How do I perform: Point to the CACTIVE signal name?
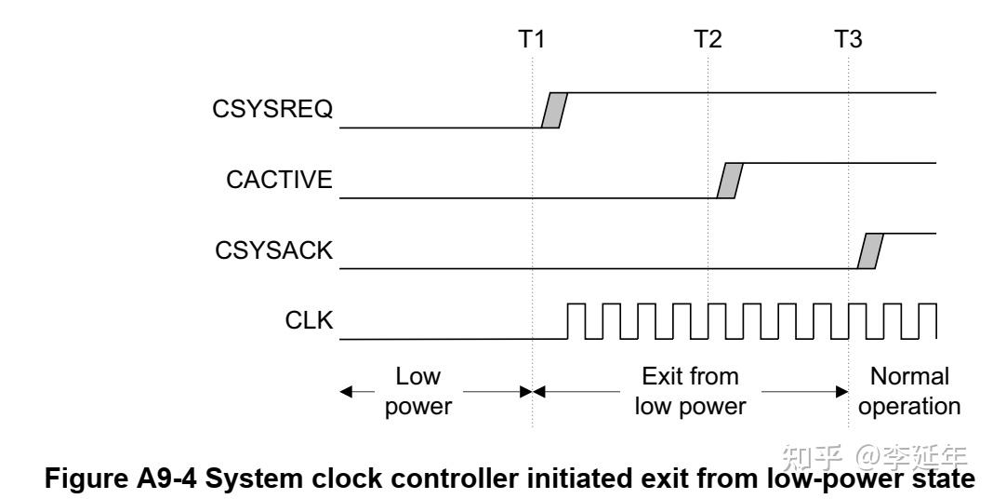coord(280,180)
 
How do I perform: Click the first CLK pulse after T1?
coord(576,320)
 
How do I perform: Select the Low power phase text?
coord(417,391)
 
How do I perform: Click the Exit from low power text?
coord(691,391)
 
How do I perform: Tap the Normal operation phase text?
coord(909,391)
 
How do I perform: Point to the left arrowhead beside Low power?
coord(348,392)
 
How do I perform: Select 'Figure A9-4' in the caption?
coord(94,476)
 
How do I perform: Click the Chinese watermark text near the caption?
coord(875,456)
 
